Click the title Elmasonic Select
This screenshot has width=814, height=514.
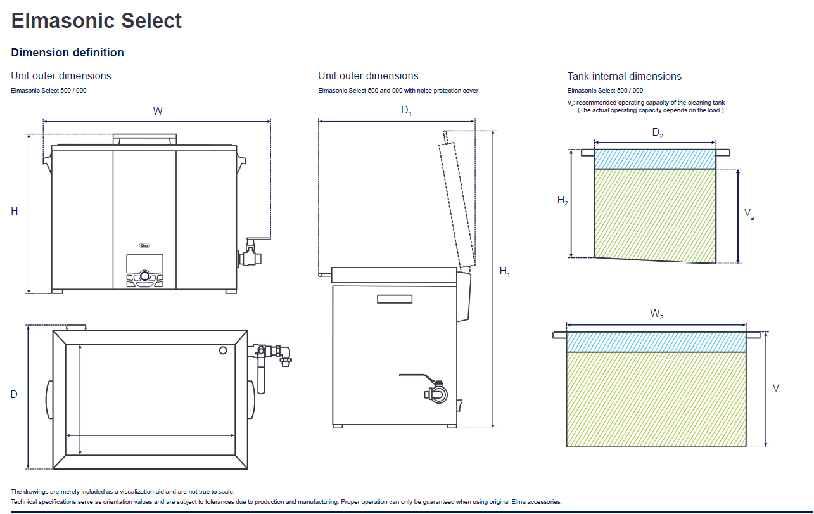[x=96, y=20]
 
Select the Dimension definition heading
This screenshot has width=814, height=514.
[x=67, y=53]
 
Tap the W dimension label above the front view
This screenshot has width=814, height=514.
[x=158, y=112]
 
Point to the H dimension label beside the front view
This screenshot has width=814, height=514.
[x=15, y=212]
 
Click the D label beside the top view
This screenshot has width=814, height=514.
[x=14, y=394]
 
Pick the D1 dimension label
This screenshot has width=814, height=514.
[x=406, y=111]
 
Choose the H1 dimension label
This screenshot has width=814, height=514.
[x=504, y=271]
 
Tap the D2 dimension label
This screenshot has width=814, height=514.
[x=658, y=133]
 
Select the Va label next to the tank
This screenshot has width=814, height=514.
[x=749, y=213]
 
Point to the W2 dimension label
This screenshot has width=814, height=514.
[x=656, y=314]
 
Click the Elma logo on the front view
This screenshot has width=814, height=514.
[x=144, y=245]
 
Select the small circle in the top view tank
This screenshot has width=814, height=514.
[x=222, y=350]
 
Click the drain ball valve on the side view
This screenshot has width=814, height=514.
[x=436, y=393]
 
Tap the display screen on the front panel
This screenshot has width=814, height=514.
[x=144, y=262]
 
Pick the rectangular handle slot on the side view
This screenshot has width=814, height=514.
[x=394, y=299]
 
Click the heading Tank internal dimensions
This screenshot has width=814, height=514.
[x=624, y=76]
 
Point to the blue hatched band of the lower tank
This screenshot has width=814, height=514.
[x=656, y=342]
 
